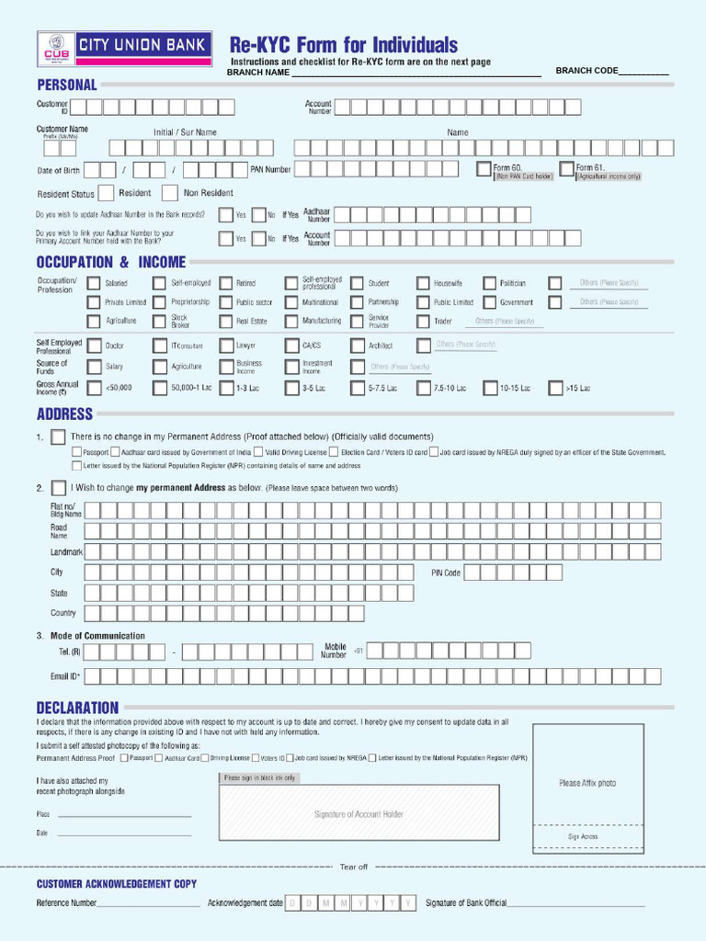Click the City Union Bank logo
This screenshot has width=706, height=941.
tap(124, 49)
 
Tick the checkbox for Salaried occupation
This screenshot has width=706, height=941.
tap(94, 284)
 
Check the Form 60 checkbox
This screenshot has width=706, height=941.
tap(484, 169)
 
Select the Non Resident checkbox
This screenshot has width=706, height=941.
tap(169, 193)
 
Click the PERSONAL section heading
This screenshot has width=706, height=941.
tap(66, 85)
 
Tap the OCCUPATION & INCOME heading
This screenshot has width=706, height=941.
tap(110, 263)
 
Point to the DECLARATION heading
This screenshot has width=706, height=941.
tap(77, 708)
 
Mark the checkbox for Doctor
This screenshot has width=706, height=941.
tap(94, 346)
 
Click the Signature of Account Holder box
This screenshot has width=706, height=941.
tap(359, 814)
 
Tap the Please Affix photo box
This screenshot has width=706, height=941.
tap(587, 783)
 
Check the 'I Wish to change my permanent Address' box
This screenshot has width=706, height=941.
tap(58, 487)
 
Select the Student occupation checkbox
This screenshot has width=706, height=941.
tap(357, 284)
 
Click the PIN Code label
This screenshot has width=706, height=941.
tap(446, 573)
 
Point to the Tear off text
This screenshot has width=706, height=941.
tap(353, 867)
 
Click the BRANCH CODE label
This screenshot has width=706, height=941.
tap(586, 72)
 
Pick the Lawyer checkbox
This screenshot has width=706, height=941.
tap(225, 346)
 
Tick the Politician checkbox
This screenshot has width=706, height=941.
tap(489, 284)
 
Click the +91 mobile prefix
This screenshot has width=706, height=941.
tap(359, 651)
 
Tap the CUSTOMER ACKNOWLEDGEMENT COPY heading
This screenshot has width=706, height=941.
tap(116, 884)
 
